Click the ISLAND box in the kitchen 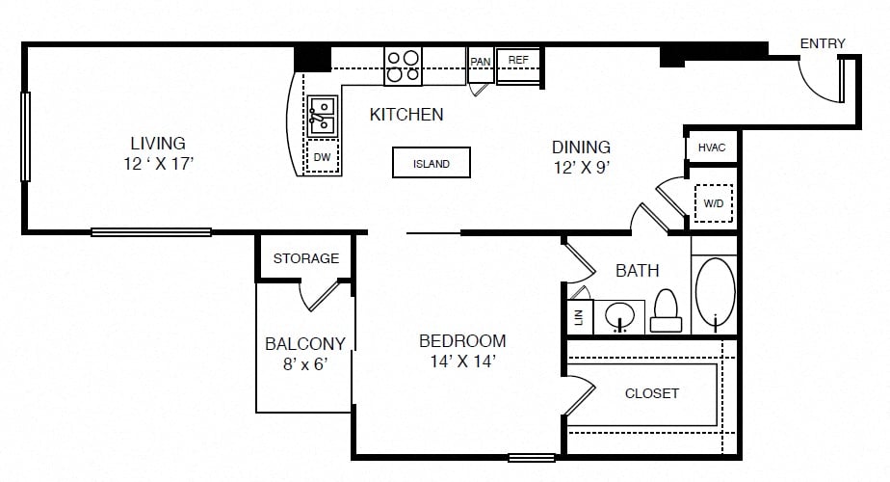pos(432,163)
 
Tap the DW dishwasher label pos(322,157)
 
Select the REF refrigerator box pos(518,67)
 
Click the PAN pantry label pos(481,62)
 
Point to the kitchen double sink pos(323,117)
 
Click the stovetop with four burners pos(403,67)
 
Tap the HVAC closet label pos(712,147)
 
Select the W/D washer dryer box pos(714,202)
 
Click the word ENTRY pos(823,43)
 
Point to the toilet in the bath pos(666,310)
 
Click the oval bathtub pos(715,292)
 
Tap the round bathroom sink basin pos(620,315)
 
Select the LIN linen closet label pos(579,317)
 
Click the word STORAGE pos(306,258)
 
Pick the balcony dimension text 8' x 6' pos(305,363)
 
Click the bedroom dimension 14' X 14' pos(463,361)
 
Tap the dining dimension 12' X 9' pos(582,167)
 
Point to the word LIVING pos(158,143)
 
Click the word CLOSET pos(651,393)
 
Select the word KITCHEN pos(406,115)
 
